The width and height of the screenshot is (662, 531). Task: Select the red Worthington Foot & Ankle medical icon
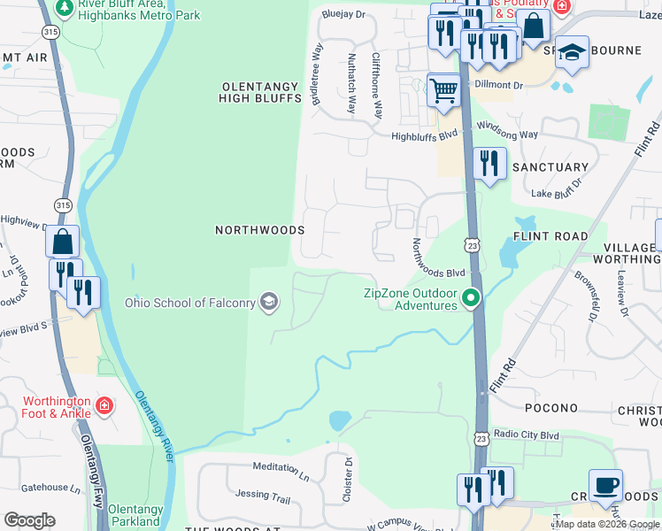[104, 406]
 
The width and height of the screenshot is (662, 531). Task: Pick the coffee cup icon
[605, 485]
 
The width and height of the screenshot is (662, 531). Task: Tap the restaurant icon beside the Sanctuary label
[489, 164]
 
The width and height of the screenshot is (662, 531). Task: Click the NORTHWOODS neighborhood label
[259, 229]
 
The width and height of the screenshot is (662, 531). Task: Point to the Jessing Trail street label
[263, 498]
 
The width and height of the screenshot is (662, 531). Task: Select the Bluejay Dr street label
[343, 14]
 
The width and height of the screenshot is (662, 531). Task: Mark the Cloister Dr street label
[348, 480]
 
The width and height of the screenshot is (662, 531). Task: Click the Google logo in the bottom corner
[30, 519]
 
